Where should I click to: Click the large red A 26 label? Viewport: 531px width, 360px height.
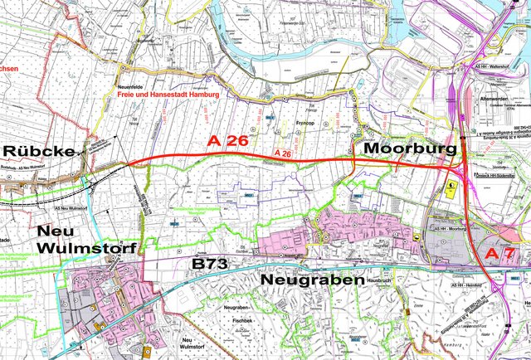227,142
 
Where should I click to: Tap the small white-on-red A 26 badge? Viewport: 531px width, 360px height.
282,154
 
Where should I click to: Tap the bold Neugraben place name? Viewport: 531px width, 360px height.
313,281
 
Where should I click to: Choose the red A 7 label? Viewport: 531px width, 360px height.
500,253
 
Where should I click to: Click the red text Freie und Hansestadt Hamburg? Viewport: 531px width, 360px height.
168,95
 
